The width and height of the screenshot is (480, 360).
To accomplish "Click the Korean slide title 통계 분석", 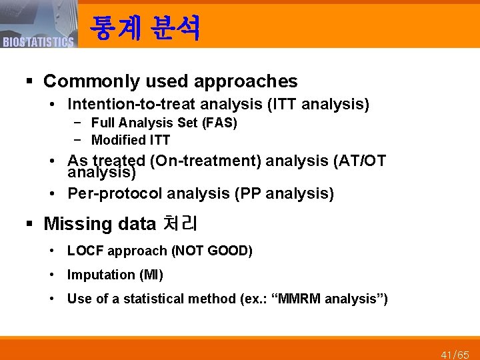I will tap(145, 27).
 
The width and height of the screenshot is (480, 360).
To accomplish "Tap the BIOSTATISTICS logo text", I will tap(38, 43).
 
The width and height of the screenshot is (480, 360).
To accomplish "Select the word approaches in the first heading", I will tap(246, 81).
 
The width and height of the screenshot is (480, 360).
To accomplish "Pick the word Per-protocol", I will tap(115, 193).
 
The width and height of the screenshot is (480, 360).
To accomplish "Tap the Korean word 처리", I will tap(179, 223).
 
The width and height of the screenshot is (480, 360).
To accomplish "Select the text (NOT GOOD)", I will tap(212, 251).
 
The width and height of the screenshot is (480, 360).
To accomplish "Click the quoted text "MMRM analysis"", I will tap(351, 299).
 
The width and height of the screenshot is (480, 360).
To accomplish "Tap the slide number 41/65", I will tap(455, 354).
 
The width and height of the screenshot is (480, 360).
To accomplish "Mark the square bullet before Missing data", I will tap(29, 224).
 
